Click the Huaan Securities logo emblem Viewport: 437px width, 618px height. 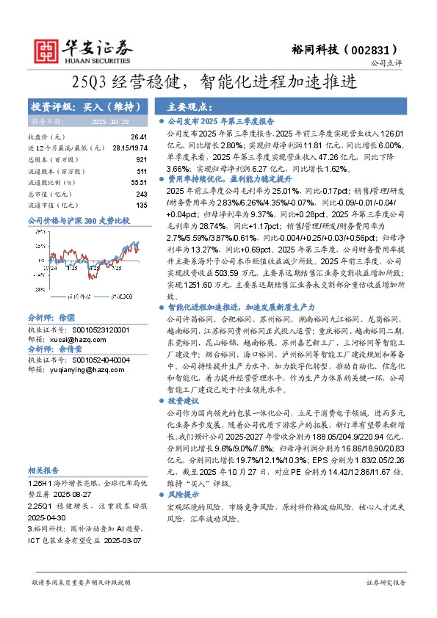[48, 49]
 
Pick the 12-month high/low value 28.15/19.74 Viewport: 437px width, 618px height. [129, 148]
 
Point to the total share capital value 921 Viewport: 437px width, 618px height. [142, 159]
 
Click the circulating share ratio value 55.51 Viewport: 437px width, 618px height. [140, 182]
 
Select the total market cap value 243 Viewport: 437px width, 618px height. [142, 194]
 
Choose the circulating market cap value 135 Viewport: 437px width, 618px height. [142, 205]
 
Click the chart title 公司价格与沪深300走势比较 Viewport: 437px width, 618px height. [79, 220]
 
